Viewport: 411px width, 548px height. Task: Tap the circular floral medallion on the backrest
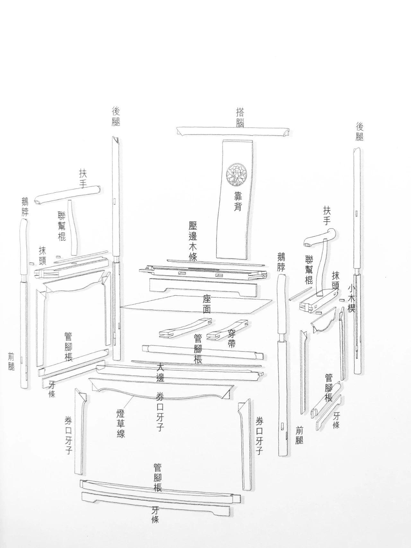(236, 174)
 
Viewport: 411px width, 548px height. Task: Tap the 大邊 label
(160, 373)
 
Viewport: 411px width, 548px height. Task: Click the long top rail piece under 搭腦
(233, 131)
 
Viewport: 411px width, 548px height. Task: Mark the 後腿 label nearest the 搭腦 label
(116, 116)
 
